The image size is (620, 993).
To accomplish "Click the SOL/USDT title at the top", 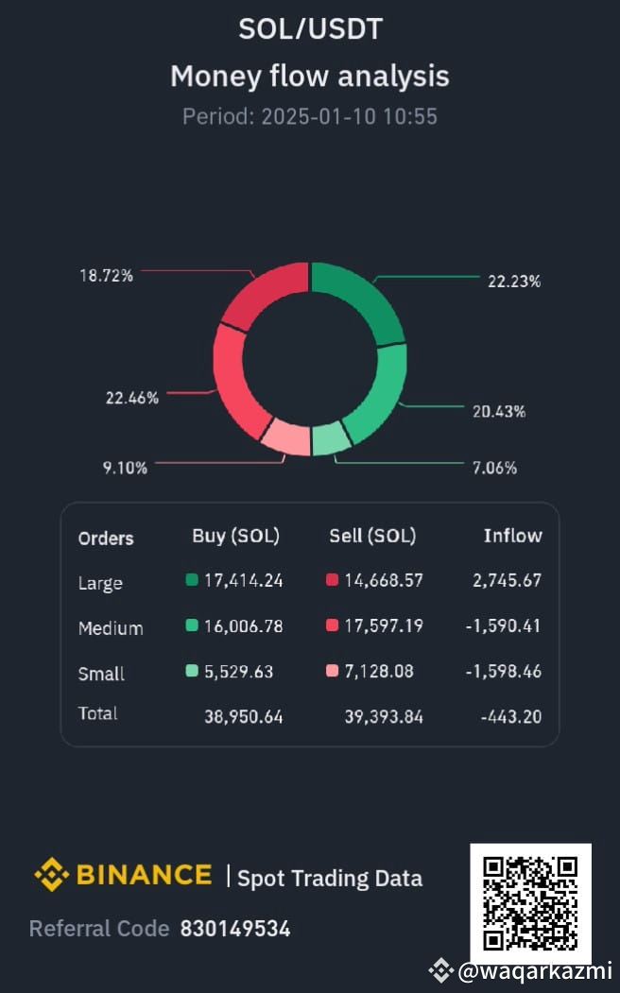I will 310,28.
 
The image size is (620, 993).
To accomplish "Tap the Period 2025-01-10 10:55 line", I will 310,116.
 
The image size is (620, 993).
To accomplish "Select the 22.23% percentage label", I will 514,281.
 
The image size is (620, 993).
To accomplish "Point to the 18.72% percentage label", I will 106,275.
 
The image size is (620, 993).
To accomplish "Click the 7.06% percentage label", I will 494,468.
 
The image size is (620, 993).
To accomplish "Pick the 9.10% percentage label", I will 125,467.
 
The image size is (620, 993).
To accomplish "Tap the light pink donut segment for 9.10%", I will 285,437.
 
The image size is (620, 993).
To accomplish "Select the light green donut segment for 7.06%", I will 330,439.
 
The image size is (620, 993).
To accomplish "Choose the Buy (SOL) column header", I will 235,536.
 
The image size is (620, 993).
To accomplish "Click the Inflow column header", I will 512,536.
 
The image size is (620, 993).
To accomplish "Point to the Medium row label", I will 111,628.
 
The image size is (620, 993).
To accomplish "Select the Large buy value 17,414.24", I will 243,580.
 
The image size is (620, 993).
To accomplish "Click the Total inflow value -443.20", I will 510,716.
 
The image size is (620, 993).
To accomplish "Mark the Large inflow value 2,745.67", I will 507,580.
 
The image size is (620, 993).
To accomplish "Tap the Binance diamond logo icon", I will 51,875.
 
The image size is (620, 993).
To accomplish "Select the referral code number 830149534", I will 235,928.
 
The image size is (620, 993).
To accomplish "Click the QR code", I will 530,902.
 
